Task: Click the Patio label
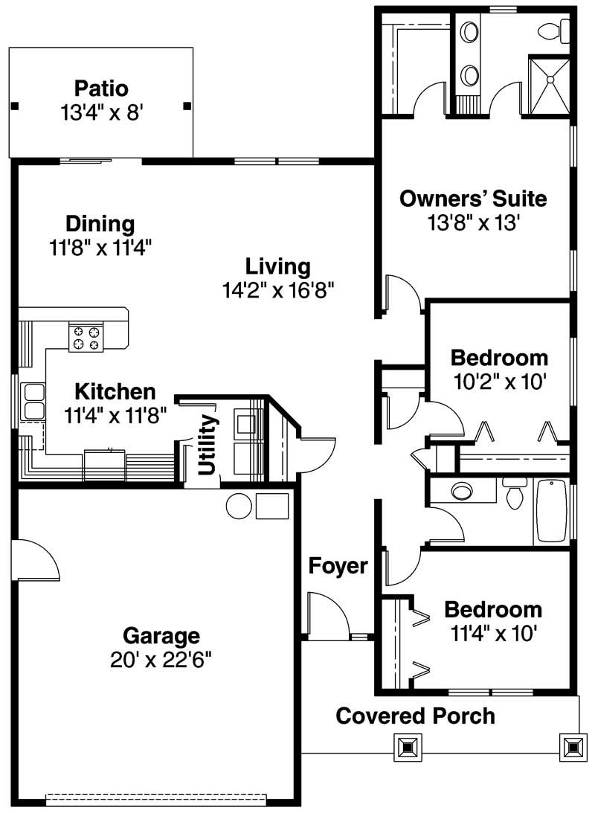(100, 89)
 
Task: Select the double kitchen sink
(33, 402)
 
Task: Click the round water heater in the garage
(239, 506)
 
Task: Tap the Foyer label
(338, 567)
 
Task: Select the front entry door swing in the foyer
(327, 614)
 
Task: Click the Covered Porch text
(415, 716)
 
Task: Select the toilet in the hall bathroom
(514, 495)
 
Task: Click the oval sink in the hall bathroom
(463, 491)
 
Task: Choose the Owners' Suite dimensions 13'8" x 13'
(473, 222)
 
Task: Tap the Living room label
(278, 266)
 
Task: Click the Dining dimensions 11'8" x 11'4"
(100, 247)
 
